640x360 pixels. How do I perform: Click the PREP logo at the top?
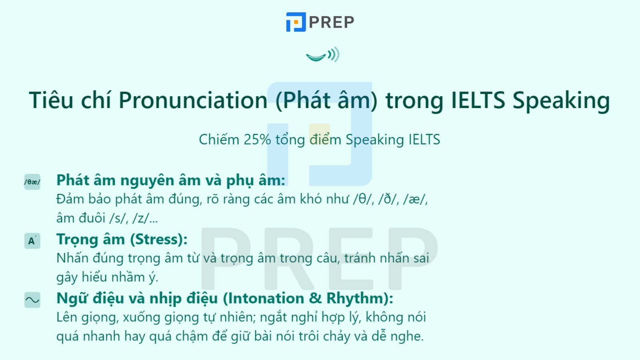tap(320, 22)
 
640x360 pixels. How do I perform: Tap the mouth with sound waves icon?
tap(322, 55)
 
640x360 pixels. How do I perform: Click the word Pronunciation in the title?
tap(193, 100)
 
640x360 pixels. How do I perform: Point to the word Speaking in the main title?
tap(561, 100)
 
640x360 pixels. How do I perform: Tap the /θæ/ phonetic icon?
tap(32, 182)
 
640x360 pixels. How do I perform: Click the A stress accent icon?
tap(32, 241)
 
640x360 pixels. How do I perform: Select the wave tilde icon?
tap(32, 300)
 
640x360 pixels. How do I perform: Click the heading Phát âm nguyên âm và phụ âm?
tap(171, 180)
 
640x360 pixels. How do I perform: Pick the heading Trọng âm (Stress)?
tap(122, 239)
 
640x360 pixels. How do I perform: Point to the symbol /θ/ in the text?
tap(363, 199)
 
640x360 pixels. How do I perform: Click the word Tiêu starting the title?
tap(51, 100)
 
